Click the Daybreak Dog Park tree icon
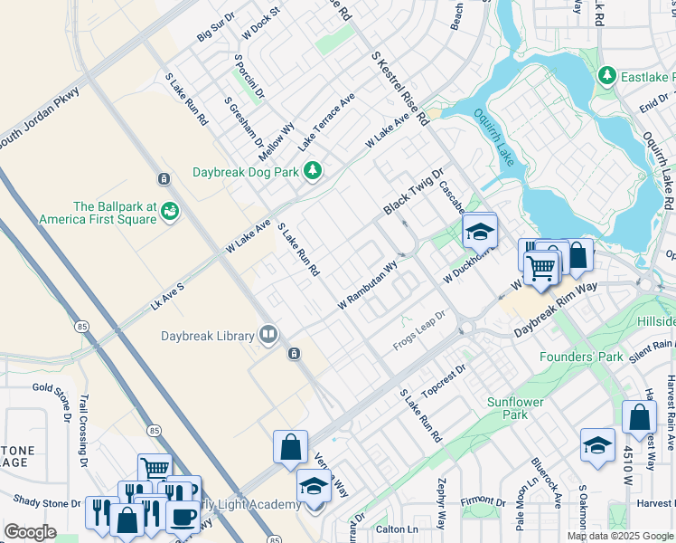coord(313,171)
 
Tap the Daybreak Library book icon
coord(268,336)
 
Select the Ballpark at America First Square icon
coord(169,212)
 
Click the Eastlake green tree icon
coord(607,77)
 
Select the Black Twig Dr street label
coord(414,192)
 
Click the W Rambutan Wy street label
coord(368,286)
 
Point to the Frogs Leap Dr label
coord(420,332)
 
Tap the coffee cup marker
coord(183,515)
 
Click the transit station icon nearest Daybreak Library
coord(293,354)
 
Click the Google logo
coord(30,532)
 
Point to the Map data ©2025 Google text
coord(619,536)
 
